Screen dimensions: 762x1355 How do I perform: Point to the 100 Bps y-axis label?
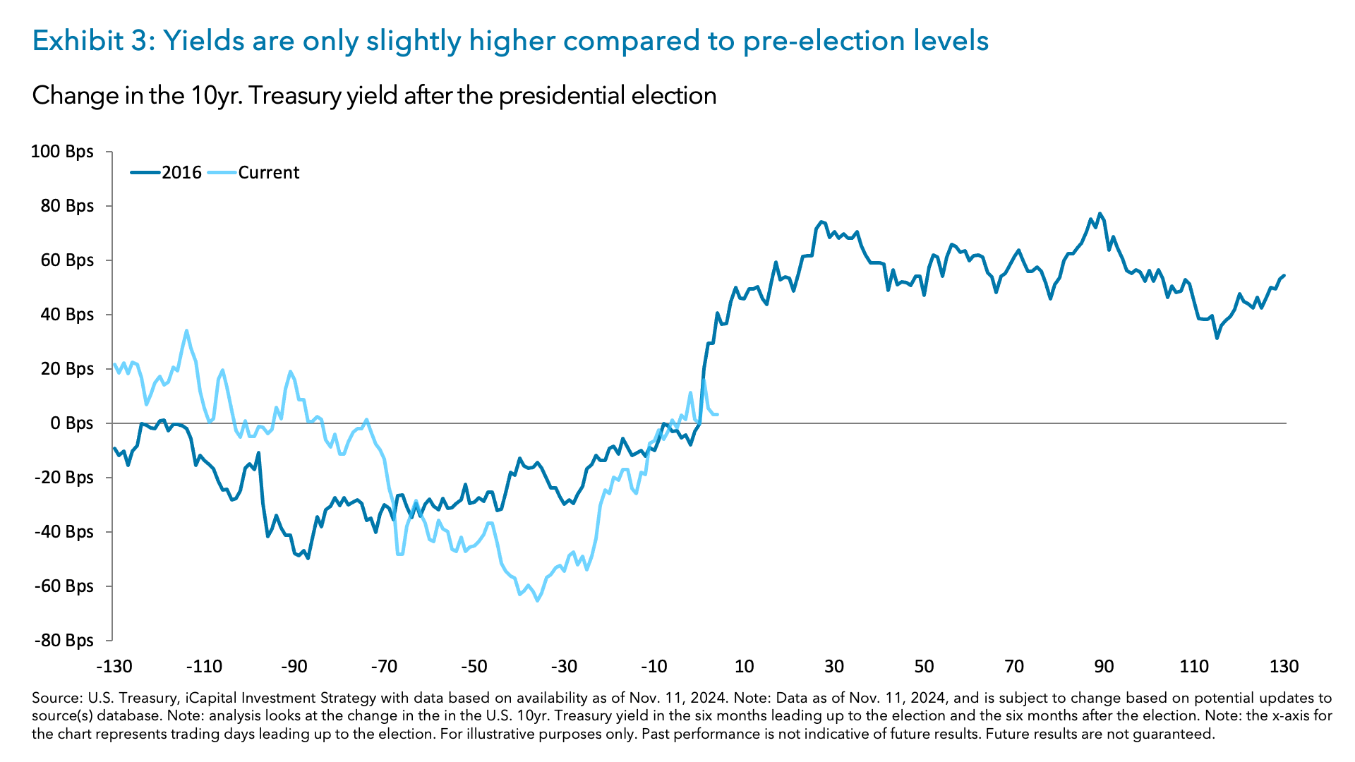62,152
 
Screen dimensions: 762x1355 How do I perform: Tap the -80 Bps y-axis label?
62,641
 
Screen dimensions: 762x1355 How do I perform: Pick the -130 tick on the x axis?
114,667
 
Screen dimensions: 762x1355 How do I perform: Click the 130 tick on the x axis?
1284,667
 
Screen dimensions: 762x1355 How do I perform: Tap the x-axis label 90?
1104,667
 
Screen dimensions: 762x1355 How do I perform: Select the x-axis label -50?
474,667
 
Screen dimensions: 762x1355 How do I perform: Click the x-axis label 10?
744,667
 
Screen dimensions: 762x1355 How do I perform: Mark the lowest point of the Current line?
538,600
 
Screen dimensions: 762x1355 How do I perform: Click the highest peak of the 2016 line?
1100,213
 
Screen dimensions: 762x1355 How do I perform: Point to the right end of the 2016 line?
1284,275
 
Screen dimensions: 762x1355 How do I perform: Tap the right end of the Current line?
717,414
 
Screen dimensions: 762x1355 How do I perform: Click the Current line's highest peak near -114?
186,330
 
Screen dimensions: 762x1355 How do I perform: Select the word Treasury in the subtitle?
296,95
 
